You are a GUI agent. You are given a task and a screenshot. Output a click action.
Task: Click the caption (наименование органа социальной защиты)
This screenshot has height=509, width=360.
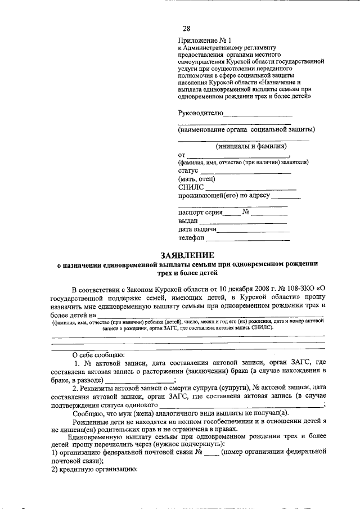[246, 129]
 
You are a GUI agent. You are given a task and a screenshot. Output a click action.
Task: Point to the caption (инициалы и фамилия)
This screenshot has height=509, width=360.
[247, 146]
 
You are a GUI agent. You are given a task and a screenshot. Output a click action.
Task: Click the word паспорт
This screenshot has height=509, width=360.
[191, 213]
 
